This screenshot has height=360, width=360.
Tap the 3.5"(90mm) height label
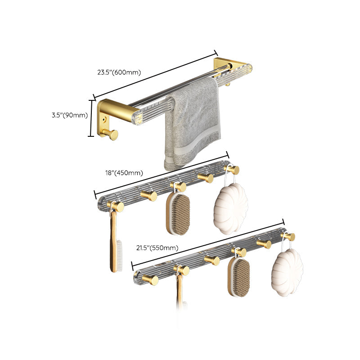[x=69, y=115]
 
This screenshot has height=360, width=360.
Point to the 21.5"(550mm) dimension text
[x=157, y=247]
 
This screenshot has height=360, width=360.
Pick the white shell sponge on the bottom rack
[x=287, y=272]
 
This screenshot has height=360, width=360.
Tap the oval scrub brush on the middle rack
[x=178, y=214]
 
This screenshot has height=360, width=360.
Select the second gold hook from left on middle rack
[x=148, y=195]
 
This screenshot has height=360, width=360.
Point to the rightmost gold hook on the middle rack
[x=233, y=169]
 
